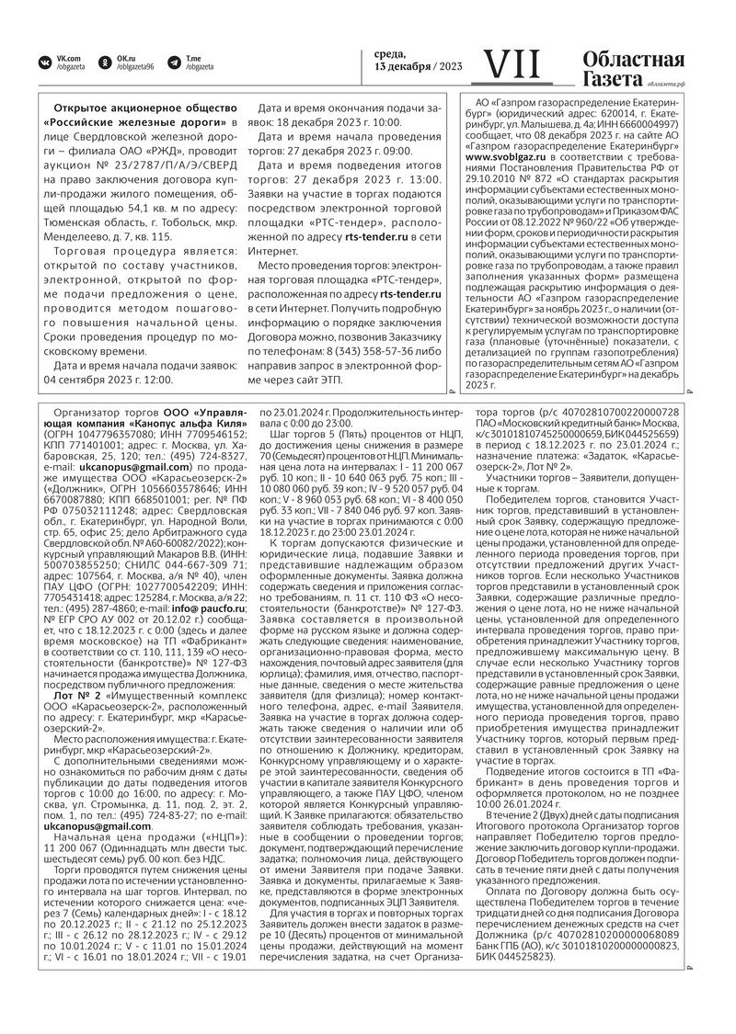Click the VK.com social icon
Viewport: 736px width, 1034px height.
coord(44,62)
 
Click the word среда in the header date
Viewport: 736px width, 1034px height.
coord(393,54)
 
